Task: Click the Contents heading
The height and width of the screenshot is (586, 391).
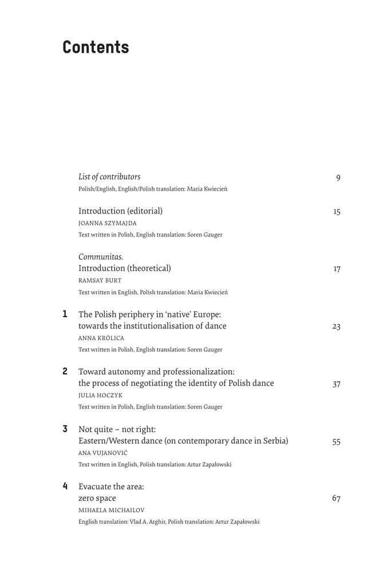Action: (96, 47)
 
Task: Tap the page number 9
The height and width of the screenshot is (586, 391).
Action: (338, 178)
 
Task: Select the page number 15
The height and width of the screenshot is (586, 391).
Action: (337, 212)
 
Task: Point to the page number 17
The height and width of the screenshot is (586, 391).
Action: (337, 269)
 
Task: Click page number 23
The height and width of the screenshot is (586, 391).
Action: (337, 327)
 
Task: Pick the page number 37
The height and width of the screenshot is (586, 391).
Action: (337, 384)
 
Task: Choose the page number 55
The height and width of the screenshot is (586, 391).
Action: (337, 442)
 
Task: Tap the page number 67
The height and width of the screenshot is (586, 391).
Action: (337, 499)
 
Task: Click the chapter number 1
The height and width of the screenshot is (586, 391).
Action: (65, 314)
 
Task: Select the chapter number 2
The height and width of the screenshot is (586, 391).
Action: (65, 371)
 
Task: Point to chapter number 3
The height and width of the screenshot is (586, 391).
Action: (65, 429)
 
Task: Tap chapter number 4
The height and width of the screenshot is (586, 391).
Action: (65, 486)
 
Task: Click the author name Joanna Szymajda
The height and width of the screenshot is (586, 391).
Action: (108, 223)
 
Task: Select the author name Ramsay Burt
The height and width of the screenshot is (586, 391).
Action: (100, 280)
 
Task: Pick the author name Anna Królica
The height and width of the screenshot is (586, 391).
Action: (101, 338)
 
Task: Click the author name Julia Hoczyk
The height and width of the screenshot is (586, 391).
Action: (100, 395)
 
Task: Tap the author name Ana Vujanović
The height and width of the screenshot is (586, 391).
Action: (104, 453)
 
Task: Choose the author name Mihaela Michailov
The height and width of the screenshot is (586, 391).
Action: (112, 510)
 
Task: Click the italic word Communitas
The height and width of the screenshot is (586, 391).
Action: (101, 256)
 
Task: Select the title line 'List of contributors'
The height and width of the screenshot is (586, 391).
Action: (109, 177)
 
